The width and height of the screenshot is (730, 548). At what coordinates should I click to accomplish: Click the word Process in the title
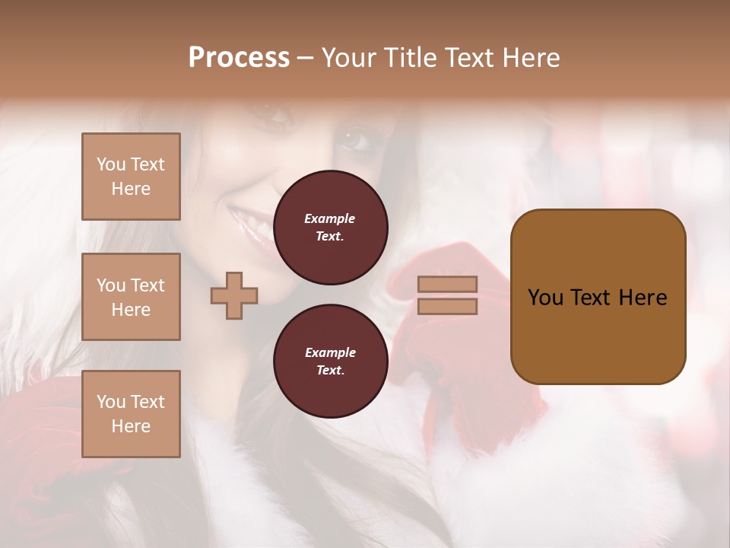(239, 58)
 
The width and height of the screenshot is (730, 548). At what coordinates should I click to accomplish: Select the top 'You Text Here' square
(131, 177)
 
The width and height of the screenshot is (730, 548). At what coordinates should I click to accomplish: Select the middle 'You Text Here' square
(131, 297)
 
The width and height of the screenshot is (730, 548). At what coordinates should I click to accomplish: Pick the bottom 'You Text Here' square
(131, 414)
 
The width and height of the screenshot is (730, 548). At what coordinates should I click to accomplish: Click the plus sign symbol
(234, 295)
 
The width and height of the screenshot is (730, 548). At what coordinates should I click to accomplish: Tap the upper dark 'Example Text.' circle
(330, 228)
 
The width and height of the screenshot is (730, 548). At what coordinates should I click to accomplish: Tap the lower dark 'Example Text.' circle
(330, 362)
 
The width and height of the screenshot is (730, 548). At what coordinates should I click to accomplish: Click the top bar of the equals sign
(447, 284)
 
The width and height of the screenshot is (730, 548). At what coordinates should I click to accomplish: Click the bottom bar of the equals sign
(447, 307)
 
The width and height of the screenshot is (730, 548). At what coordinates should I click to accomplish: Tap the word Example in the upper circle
(330, 219)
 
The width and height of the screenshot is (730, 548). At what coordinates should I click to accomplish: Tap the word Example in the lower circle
(330, 353)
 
